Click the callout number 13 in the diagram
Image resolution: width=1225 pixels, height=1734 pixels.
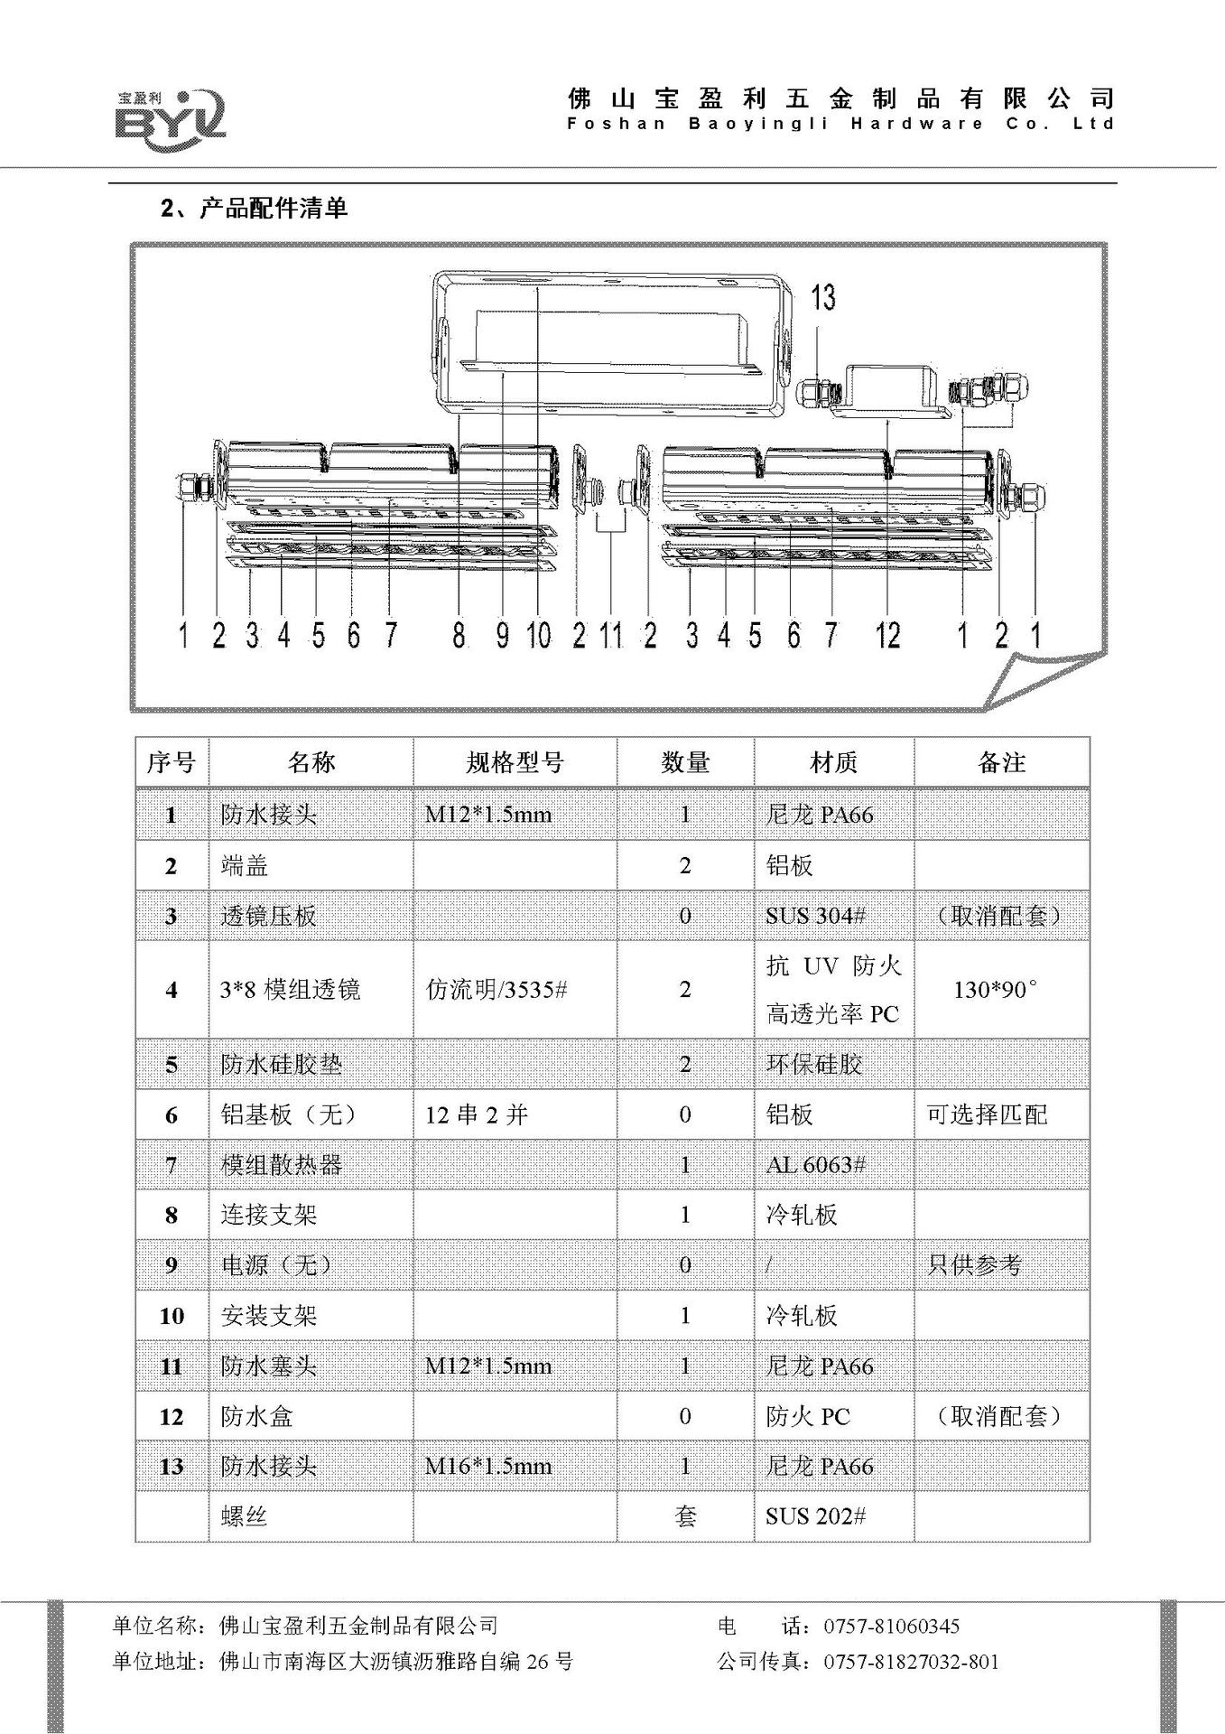coord(822,297)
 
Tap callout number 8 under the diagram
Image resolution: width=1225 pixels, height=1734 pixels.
coord(459,636)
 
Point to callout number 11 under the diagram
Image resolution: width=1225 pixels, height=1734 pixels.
coord(612,636)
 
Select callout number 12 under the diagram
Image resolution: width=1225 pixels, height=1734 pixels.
coord(887,636)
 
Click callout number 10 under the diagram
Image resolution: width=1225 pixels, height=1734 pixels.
coord(538,636)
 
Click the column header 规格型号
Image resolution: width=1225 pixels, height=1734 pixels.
coord(515,763)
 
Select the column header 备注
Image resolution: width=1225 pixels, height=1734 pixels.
coord(1001,763)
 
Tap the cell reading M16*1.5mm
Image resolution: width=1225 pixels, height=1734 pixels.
coord(488,1466)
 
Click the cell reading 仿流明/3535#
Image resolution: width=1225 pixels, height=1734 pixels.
coord(496,990)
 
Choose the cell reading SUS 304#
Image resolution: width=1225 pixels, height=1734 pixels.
coord(815,916)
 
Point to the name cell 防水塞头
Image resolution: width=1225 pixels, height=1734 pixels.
coord(268,1366)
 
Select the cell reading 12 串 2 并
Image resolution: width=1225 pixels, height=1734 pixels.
coord(476,1115)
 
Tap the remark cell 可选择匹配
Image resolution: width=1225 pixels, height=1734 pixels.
coord(987,1115)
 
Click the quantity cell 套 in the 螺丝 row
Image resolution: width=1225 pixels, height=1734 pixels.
coord(685,1515)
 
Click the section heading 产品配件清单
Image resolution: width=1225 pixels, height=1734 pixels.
coord(273,209)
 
